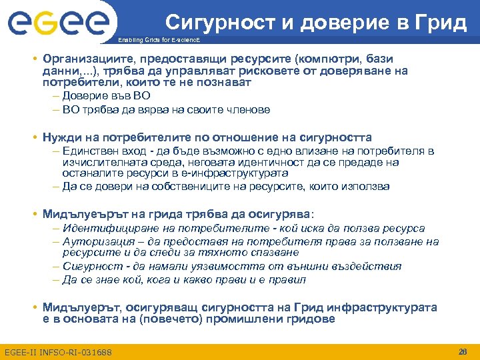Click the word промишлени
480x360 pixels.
tap(243, 319)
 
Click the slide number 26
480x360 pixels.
tap(463, 351)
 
